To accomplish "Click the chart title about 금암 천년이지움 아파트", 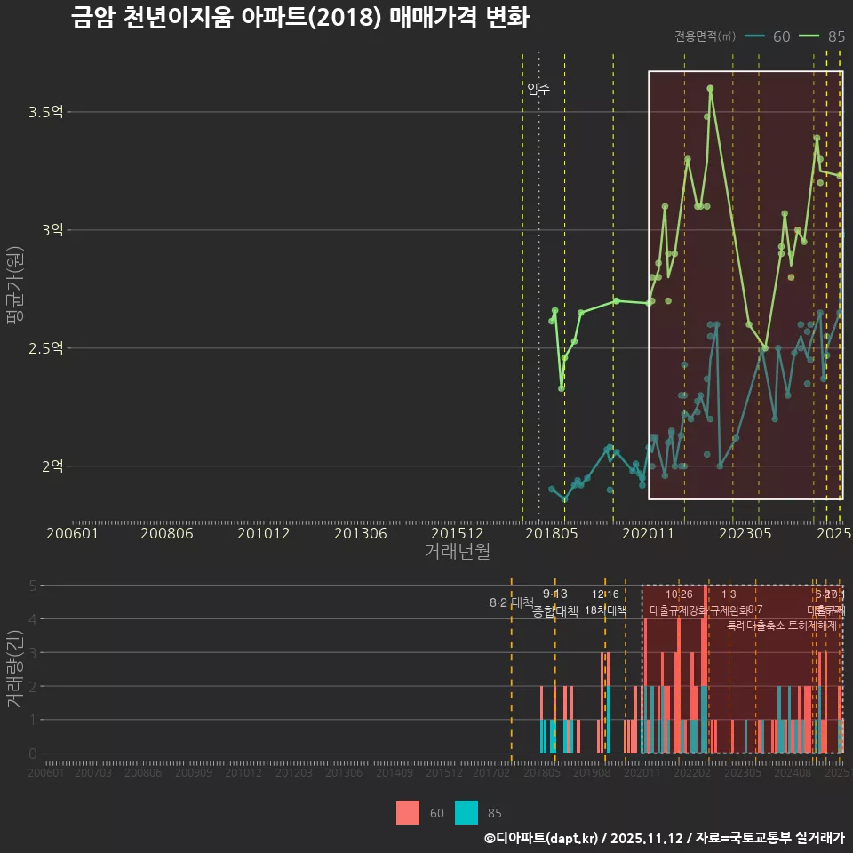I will point(300,19).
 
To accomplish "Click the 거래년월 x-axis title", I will point(457,551).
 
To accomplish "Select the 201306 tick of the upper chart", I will point(360,533).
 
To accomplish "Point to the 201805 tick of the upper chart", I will point(552,533).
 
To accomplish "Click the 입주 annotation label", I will point(538,89).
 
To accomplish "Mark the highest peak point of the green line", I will point(710,88).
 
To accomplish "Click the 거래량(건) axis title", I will point(14,669).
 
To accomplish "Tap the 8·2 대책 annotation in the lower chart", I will point(511,602).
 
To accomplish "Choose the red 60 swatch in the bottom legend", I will point(408,812).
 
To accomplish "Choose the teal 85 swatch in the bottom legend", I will point(466,812).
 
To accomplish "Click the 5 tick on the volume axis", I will point(32,586).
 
